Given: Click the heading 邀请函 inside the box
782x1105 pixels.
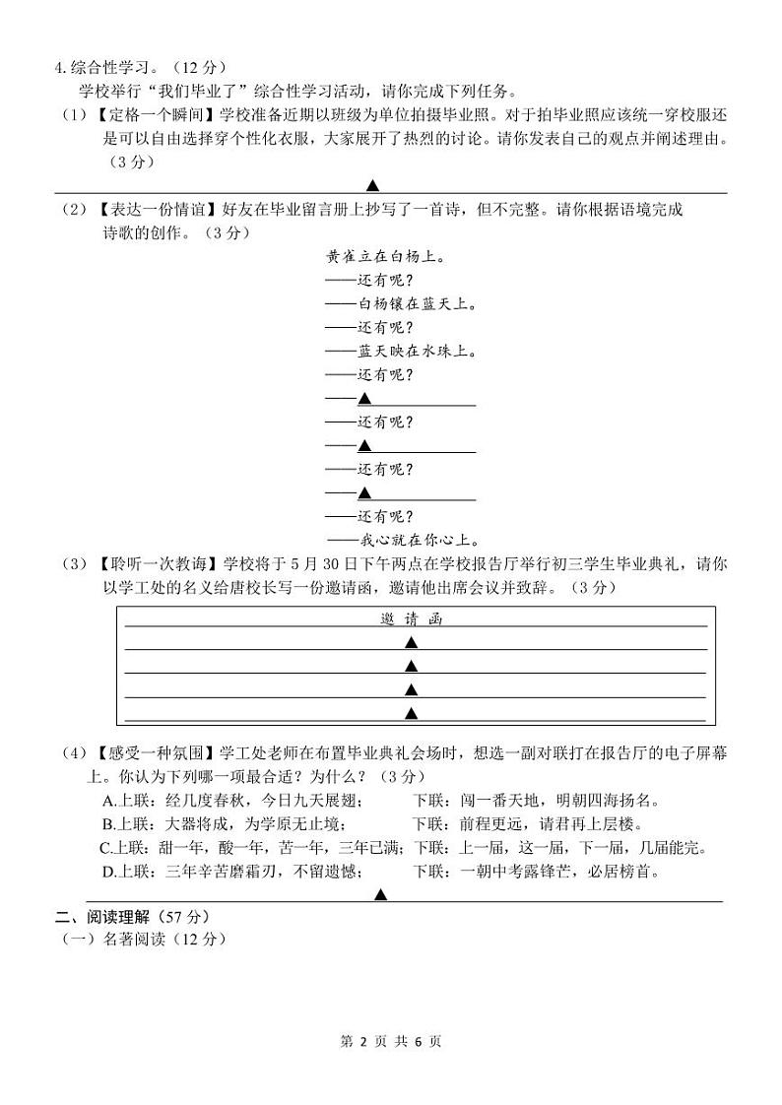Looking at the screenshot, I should tap(412, 618).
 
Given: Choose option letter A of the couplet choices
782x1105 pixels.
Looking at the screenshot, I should tap(107, 801).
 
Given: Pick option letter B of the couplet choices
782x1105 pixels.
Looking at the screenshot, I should tap(107, 824).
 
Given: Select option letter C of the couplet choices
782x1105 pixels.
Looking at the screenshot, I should tap(105, 848).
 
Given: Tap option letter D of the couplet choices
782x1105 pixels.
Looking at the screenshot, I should tap(107, 872).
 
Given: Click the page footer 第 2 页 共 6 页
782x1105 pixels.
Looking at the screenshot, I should tap(391, 1042).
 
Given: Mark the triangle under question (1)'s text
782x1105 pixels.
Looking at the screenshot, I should tap(373, 185).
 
